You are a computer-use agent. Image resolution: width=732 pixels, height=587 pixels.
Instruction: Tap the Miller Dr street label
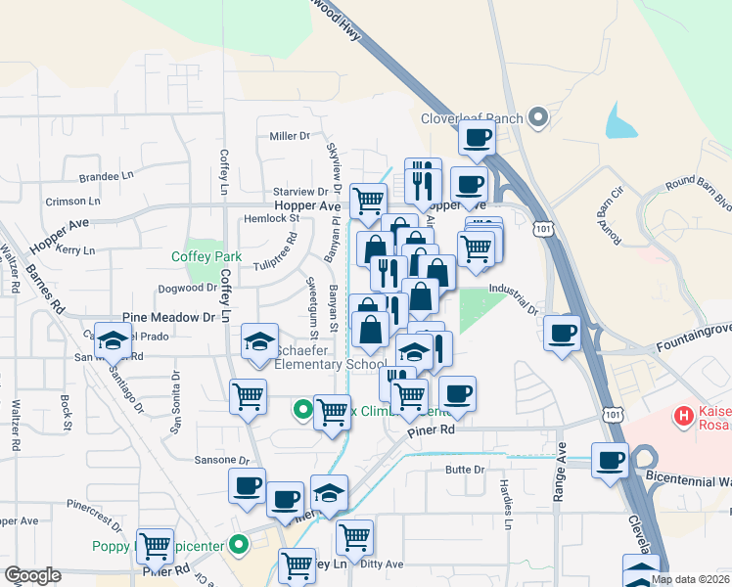tap(290, 136)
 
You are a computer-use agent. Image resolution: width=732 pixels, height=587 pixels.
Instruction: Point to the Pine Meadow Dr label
tap(168, 318)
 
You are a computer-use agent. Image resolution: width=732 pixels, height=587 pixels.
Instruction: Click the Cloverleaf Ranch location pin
tap(537, 118)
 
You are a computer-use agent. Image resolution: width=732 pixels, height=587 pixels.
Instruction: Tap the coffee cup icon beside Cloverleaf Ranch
tap(477, 138)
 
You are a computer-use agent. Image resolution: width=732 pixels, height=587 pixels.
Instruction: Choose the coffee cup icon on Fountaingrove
tap(563, 333)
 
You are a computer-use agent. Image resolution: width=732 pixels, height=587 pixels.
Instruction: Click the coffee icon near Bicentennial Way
tap(611, 459)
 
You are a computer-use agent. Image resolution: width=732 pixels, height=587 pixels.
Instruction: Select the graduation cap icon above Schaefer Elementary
tap(259, 341)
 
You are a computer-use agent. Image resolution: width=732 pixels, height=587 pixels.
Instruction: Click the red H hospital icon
tap(684, 417)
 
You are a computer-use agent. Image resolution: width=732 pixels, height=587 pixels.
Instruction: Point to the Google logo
tap(32, 575)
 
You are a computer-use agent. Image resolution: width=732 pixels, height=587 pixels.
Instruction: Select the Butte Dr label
tap(465, 470)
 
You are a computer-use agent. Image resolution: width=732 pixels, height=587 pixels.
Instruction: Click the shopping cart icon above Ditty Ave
tap(353, 536)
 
